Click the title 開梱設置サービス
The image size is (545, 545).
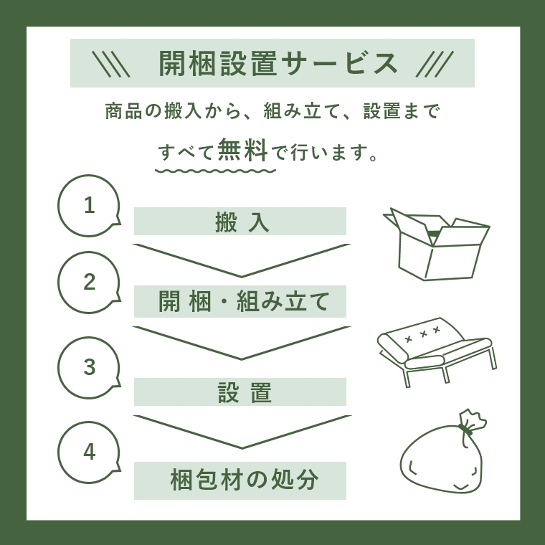point(278,63)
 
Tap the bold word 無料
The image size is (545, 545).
point(242,150)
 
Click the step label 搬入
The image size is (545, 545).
point(242,222)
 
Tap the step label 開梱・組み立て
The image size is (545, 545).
point(244,301)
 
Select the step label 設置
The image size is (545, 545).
point(245,393)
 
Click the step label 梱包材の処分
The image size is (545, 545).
point(245,480)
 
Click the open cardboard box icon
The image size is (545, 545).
point(437,244)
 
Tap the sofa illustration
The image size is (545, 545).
point(437,352)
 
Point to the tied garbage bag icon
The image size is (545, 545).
point(443,451)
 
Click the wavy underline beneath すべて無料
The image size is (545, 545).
point(216,171)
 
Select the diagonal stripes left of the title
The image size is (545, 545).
point(111,64)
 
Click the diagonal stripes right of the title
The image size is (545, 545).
point(435,64)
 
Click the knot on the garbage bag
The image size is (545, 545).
point(465,430)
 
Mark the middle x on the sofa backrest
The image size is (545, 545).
point(423,334)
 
